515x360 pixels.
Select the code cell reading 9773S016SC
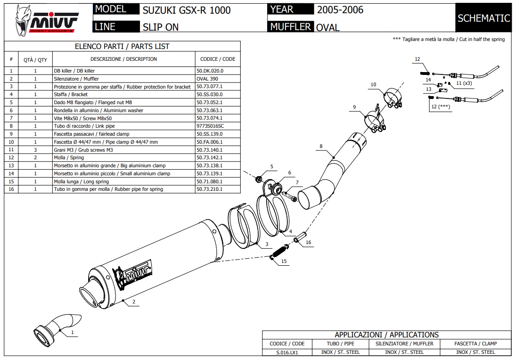210,126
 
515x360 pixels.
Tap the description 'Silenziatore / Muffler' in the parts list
76,79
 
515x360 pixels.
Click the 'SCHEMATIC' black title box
483,18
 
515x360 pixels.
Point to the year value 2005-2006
340,10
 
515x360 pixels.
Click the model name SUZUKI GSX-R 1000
187,10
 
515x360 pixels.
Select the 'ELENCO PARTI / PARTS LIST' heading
122,47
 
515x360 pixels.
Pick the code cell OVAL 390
207,79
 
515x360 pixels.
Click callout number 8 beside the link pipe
321,147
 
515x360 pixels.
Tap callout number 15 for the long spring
284,260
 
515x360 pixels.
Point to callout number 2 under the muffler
134,302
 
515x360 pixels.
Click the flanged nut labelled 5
258,179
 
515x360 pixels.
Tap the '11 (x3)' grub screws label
464,83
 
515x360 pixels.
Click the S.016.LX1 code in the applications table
287,352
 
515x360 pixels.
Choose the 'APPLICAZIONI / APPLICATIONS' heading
386,335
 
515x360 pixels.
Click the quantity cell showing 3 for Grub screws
35,150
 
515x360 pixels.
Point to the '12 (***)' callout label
440,107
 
